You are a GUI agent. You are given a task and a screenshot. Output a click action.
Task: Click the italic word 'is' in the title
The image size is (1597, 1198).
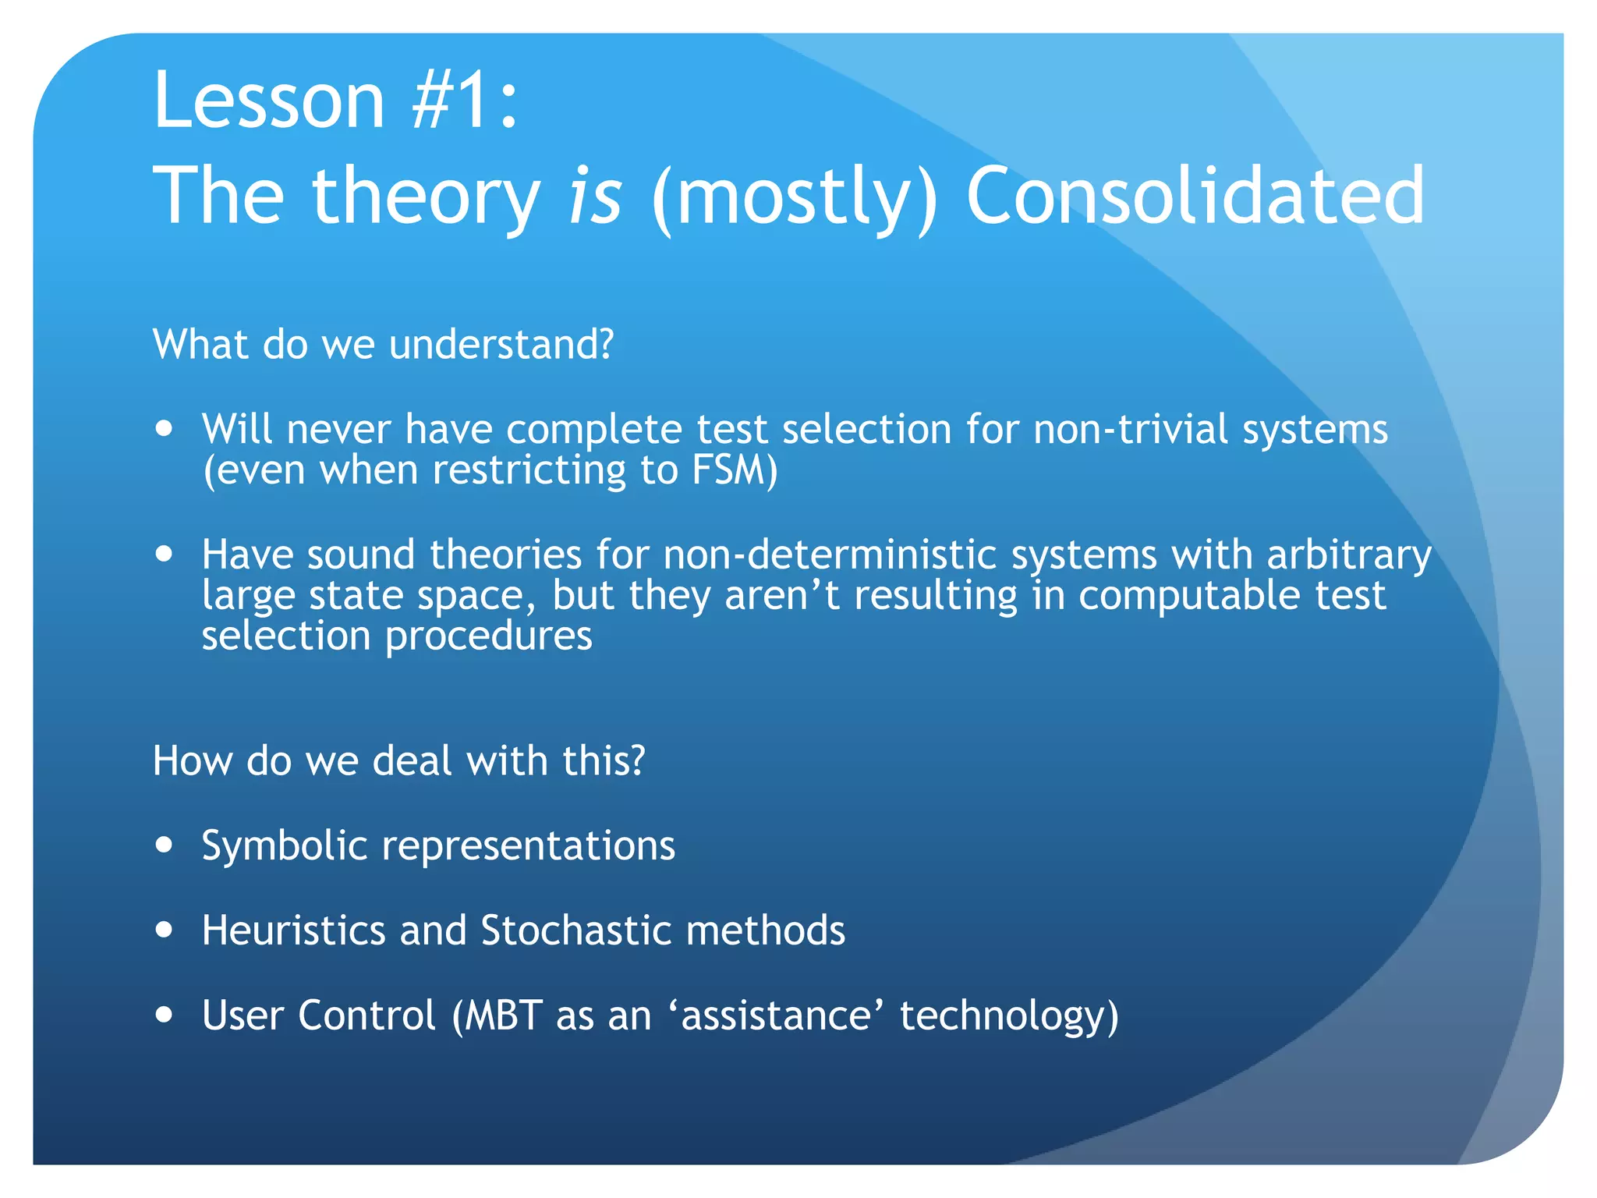pos(595,195)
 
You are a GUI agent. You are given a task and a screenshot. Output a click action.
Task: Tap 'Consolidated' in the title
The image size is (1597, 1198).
pos(1195,195)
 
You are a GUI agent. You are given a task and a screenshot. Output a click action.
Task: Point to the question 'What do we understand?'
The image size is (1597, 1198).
pos(384,344)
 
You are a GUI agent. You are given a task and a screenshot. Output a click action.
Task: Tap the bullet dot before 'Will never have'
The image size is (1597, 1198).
pos(164,428)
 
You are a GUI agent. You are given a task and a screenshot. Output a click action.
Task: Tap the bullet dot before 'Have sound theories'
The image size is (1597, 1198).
pos(164,554)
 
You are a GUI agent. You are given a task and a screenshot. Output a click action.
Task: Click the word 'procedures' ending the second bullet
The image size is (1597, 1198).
pos(488,636)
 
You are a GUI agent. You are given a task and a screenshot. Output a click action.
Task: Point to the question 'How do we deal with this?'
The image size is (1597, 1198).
pos(398,760)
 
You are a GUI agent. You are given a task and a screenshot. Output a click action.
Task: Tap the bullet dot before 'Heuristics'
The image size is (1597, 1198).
pos(164,929)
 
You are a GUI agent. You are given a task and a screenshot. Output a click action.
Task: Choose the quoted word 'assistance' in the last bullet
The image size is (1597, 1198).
pos(777,1015)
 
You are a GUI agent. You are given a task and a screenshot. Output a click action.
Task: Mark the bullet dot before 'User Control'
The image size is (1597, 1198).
pos(164,1014)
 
